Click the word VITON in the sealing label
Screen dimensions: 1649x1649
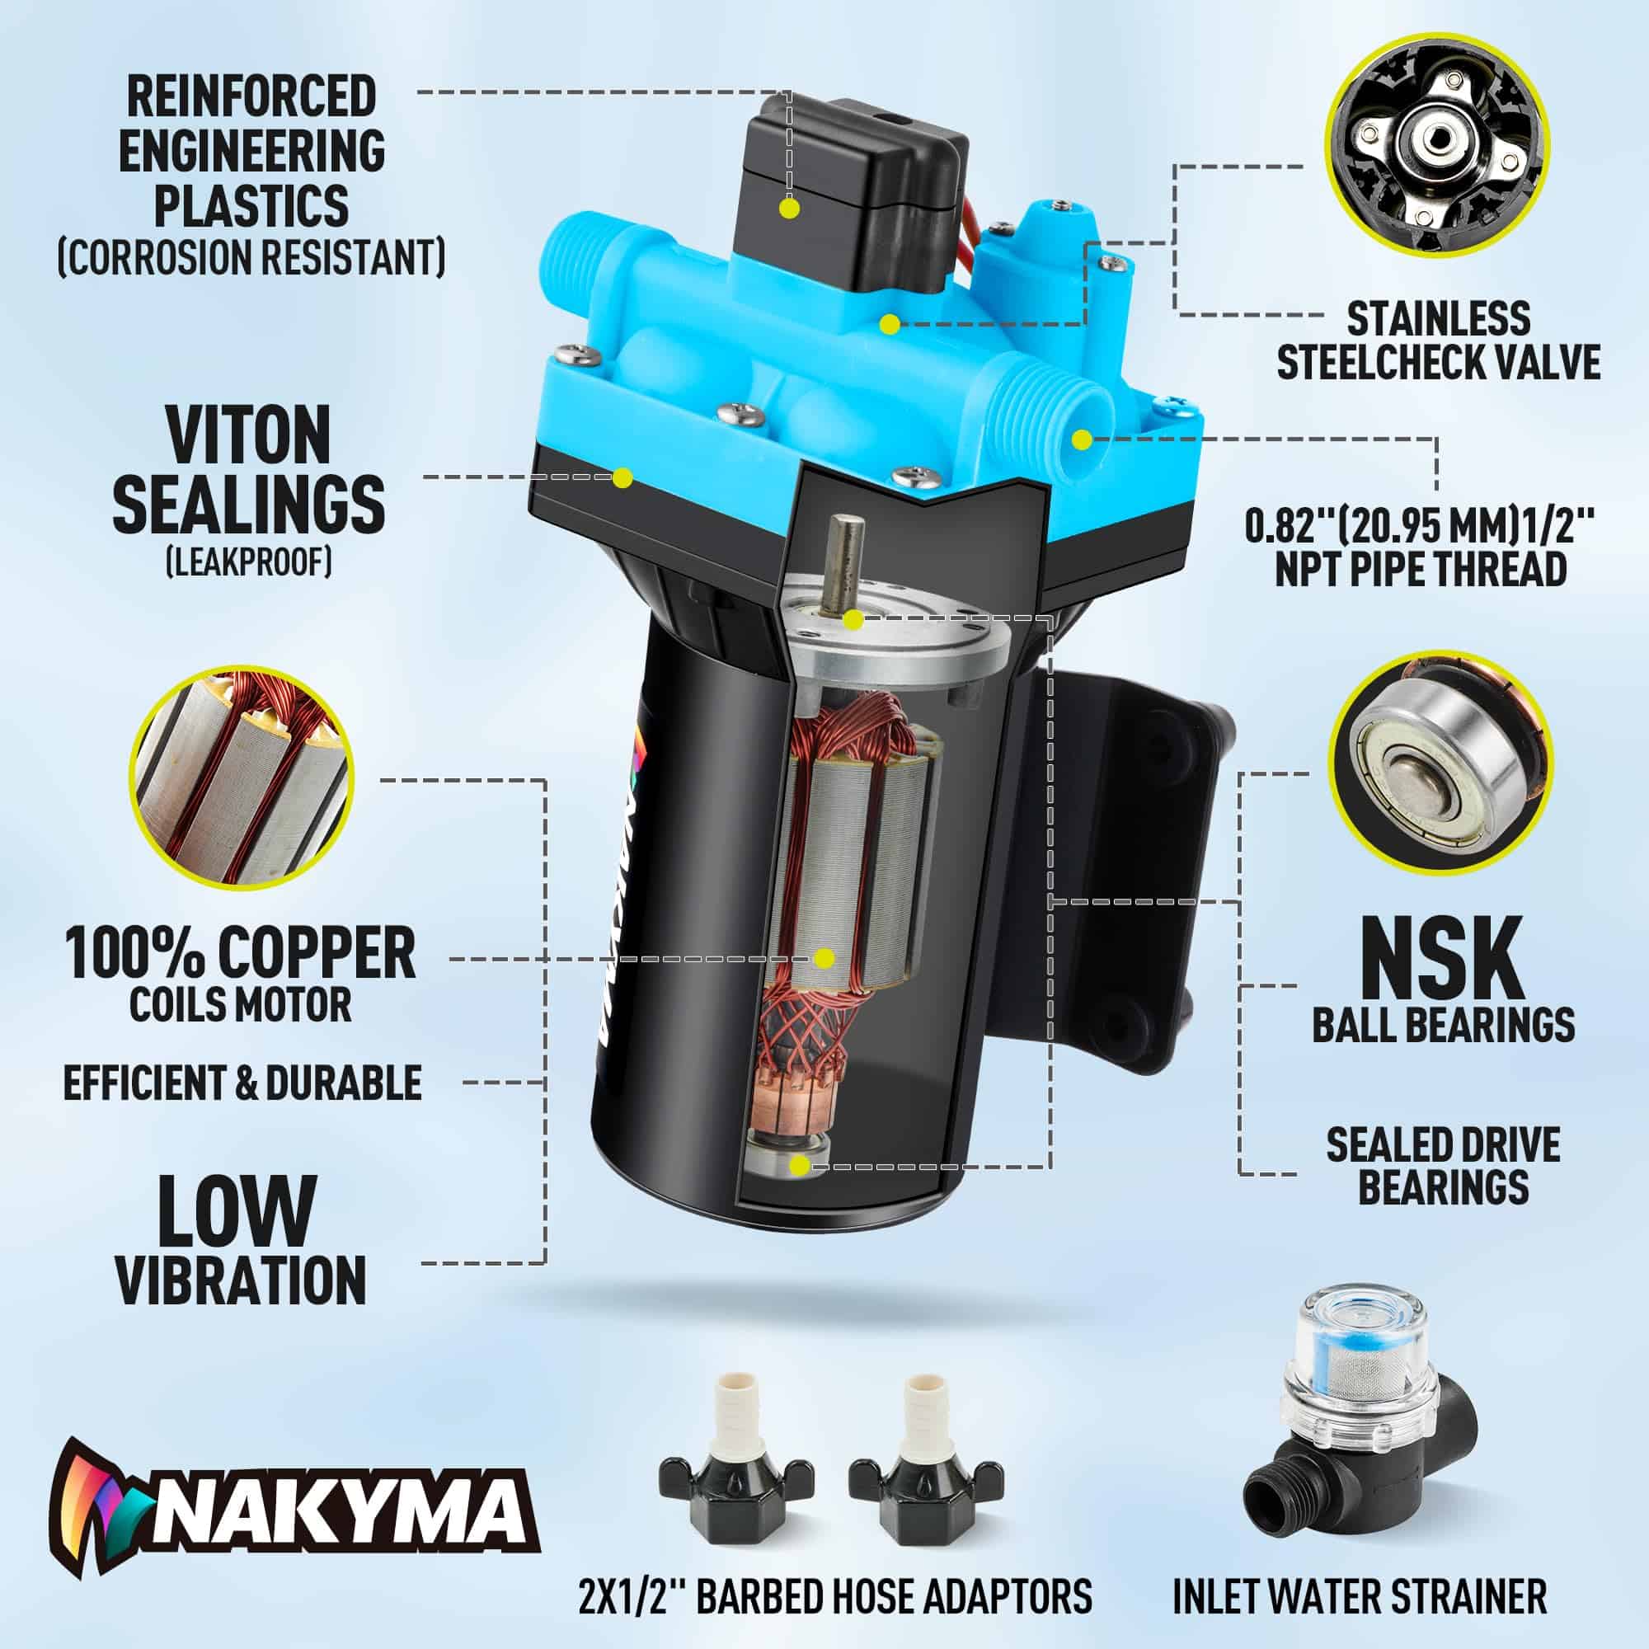point(247,435)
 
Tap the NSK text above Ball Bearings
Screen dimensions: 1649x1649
point(1442,956)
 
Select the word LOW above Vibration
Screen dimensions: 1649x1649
point(237,1213)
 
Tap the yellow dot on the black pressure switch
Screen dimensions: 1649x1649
point(790,209)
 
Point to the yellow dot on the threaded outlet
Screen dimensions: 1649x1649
point(1082,440)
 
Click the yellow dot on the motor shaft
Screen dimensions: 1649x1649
point(850,619)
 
